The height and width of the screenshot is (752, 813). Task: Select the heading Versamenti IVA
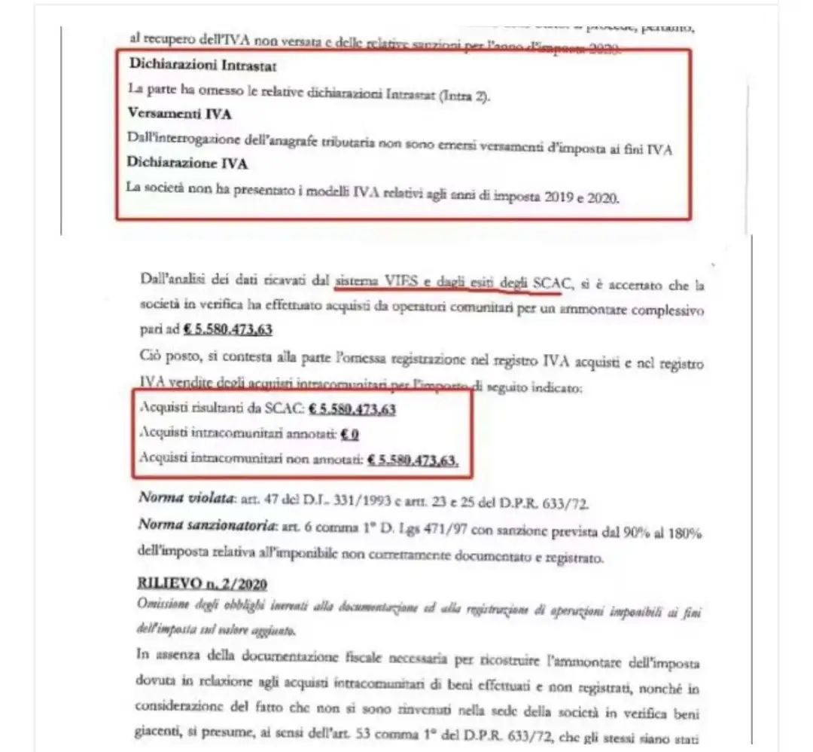(179, 114)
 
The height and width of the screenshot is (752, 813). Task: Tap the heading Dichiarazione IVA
(187, 162)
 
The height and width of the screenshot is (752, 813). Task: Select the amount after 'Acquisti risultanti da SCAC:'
(352, 409)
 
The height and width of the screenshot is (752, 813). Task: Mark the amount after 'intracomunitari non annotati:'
(413, 460)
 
